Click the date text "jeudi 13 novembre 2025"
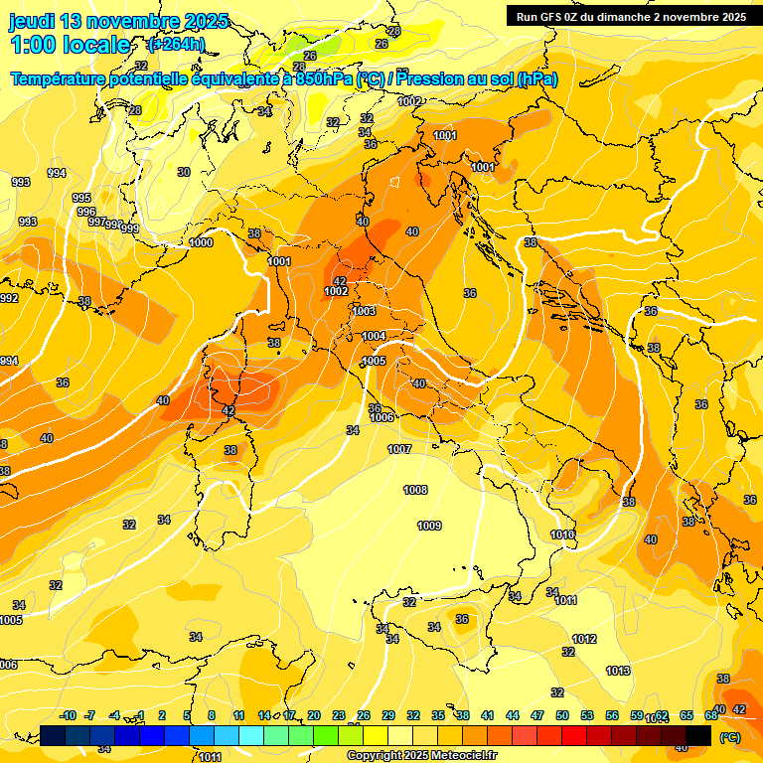[x=118, y=21]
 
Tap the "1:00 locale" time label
[x=71, y=45]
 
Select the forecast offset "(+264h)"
[x=176, y=45]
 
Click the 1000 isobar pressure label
[x=201, y=242]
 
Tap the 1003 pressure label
[x=364, y=311]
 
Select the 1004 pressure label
[x=374, y=336]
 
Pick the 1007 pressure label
[x=399, y=449]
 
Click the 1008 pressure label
[x=415, y=490]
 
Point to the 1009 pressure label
[x=429, y=526]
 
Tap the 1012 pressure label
[x=584, y=639]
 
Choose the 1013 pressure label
[x=618, y=671]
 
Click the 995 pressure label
[x=81, y=198]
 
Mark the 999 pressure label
[x=129, y=229]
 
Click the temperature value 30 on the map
[x=183, y=172]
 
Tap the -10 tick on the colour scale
[x=69, y=715]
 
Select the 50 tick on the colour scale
[x=562, y=715]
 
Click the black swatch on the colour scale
[x=699, y=735]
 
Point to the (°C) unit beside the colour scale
[x=729, y=737]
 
